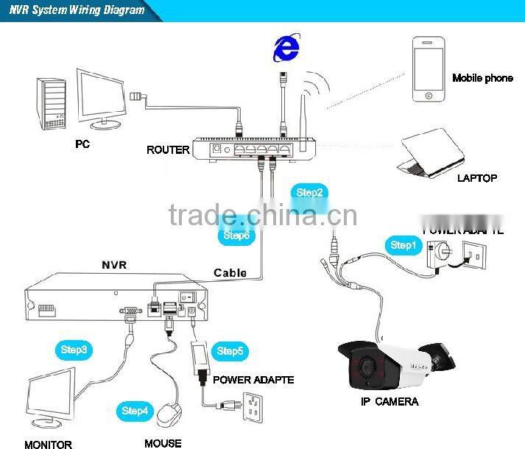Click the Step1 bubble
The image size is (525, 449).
coord(404,245)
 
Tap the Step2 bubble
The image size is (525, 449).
coord(309,193)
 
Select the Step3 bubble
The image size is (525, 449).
coord(73,350)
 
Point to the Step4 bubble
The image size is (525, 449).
coord(136,411)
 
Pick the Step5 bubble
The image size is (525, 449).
coord(230,351)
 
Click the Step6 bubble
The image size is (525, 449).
coord(236,236)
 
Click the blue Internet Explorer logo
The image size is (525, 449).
coord(286,49)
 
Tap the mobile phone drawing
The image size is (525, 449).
coord(428,71)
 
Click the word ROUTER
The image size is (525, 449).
coord(168,150)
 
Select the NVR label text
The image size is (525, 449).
coord(114,264)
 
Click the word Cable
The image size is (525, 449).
coord(230,272)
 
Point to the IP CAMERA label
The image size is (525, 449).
coord(390,401)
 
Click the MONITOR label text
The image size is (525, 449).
coord(48,444)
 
